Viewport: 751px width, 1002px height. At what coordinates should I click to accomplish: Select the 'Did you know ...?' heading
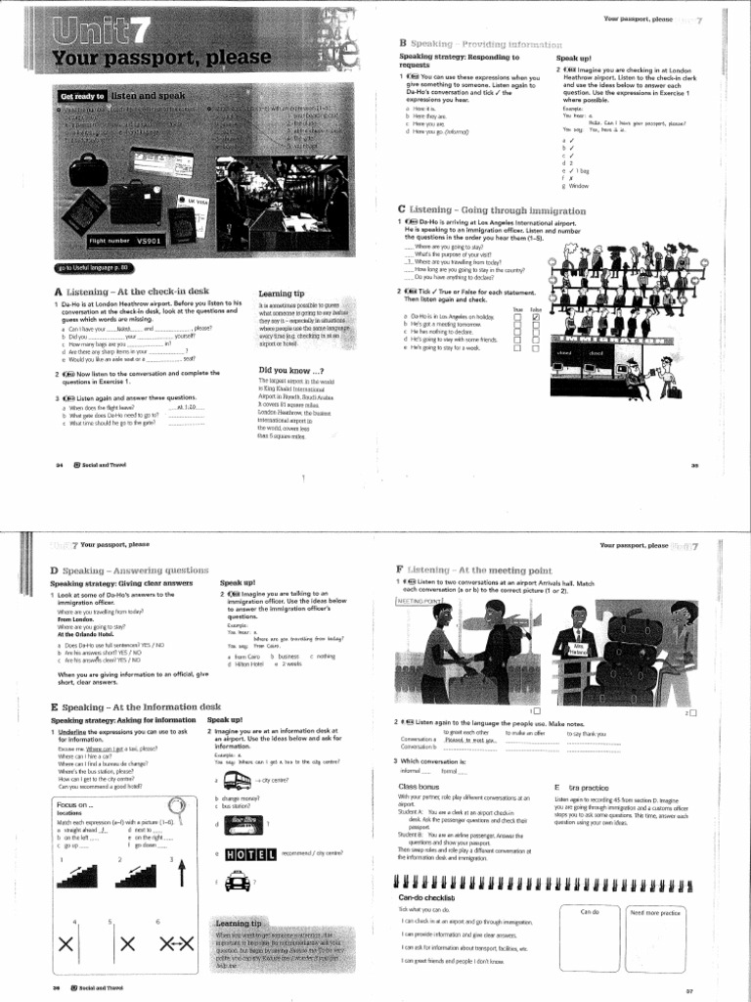(x=290, y=370)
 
